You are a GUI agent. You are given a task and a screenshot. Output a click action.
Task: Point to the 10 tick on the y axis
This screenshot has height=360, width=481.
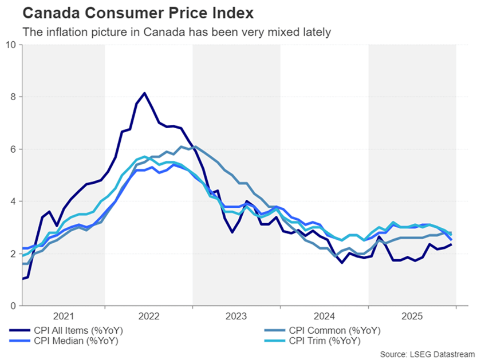pyautogui.click(x=11, y=45)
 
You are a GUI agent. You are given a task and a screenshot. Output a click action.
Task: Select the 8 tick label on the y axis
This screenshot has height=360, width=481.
pyautogui.click(x=13, y=97)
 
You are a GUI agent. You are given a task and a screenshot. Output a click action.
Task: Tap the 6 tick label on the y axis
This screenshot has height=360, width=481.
pyautogui.click(x=13, y=149)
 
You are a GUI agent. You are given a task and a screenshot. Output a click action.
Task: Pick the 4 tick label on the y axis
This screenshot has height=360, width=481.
pyautogui.click(x=13, y=201)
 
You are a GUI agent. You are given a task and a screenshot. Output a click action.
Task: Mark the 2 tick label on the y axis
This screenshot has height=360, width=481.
pyautogui.click(x=13, y=254)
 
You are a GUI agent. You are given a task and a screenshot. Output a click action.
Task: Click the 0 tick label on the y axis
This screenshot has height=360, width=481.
pyautogui.click(x=13, y=306)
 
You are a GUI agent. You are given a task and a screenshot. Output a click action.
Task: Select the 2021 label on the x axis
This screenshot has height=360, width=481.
pyautogui.click(x=64, y=317)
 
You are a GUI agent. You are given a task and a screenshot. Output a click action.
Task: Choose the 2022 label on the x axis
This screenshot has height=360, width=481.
pyautogui.click(x=149, y=317)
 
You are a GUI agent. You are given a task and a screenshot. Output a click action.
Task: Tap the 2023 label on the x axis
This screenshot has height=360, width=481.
pyautogui.click(x=236, y=317)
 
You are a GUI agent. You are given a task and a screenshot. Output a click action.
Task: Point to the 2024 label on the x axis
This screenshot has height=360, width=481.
pyautogui.click(x=324, y=317)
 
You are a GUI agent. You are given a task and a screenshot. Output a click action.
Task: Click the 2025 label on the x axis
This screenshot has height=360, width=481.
pyautogui.click(x=412, y=317)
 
